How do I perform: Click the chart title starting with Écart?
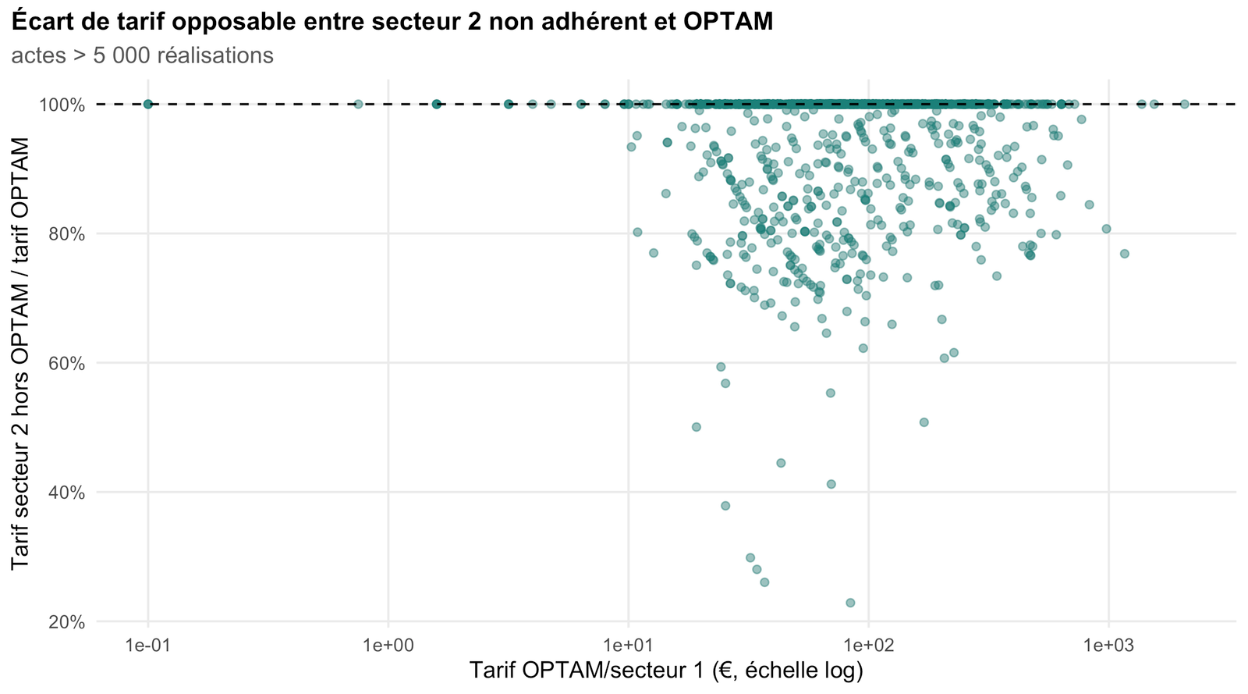click(392, 22)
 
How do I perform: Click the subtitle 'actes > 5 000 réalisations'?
click(142, 55)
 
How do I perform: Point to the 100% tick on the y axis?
click(62, 105)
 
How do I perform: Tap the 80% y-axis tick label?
click(67, 234)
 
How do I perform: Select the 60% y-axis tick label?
click(67, 364)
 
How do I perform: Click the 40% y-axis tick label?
click(67, 493)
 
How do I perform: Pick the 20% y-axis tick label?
click(67, 622)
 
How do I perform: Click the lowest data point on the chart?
click(850, 603)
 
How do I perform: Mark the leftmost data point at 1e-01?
click(147, 104)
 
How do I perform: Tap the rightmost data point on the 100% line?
click(1185, 104)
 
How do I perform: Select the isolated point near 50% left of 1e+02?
click(696, 427)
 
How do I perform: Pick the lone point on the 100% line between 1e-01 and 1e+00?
click(358, 104)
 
